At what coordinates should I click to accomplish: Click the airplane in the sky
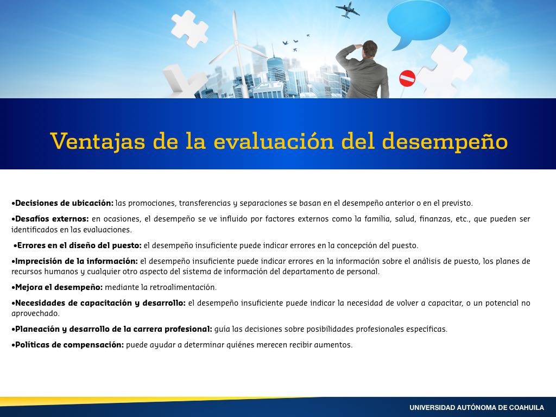(347, 10)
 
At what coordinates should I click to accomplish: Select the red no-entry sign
(407, 78)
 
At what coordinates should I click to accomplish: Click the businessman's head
(370, 49)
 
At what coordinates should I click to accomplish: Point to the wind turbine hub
(236, 43)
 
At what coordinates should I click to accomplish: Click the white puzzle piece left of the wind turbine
(189, 28)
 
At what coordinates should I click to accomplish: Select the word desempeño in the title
(445, 141)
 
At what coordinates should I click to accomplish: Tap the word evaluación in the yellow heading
(274, 141)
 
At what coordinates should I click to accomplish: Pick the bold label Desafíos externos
(52, 219)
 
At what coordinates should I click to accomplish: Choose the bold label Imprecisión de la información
(76, 261)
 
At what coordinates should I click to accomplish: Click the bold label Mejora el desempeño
(59, 287)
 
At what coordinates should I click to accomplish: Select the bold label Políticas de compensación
(69, 345)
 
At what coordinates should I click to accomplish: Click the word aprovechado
(35, 314)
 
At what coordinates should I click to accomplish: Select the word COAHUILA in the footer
(526, 408)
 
